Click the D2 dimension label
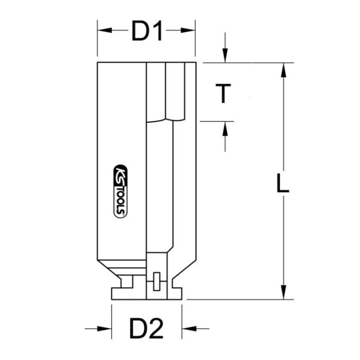click(x=146, y=329)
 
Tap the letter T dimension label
click(x=225, y=93)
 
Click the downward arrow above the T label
click(x=225, y=56)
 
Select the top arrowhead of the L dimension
click(x=284, y=70)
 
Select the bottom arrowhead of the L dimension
click(x=284, y=292)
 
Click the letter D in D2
click(x=137, y=329)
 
